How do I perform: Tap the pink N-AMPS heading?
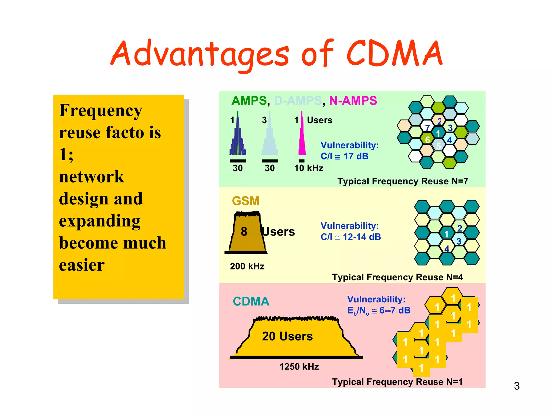point(353,101)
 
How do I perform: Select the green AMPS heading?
point(249,101)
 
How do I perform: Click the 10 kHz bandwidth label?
point(308,168)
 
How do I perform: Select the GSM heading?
point(245,201)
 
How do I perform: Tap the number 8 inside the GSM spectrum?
point(244,232)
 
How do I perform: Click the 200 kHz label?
point(247,266)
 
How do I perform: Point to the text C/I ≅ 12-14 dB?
point(350,237)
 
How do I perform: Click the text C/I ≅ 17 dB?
point(344,156)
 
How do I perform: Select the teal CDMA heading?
point(251,301)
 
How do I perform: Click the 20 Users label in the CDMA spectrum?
point(287,336)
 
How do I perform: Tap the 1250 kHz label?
point(299,367)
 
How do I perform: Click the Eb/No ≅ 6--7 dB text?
point(379,310)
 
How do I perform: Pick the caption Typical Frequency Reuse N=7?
point(403,181)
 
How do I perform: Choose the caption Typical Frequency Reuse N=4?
point(397,277)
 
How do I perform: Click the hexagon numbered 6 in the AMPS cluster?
point(427,140)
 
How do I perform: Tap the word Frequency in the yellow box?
point(100,111)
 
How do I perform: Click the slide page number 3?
point(517,386)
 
